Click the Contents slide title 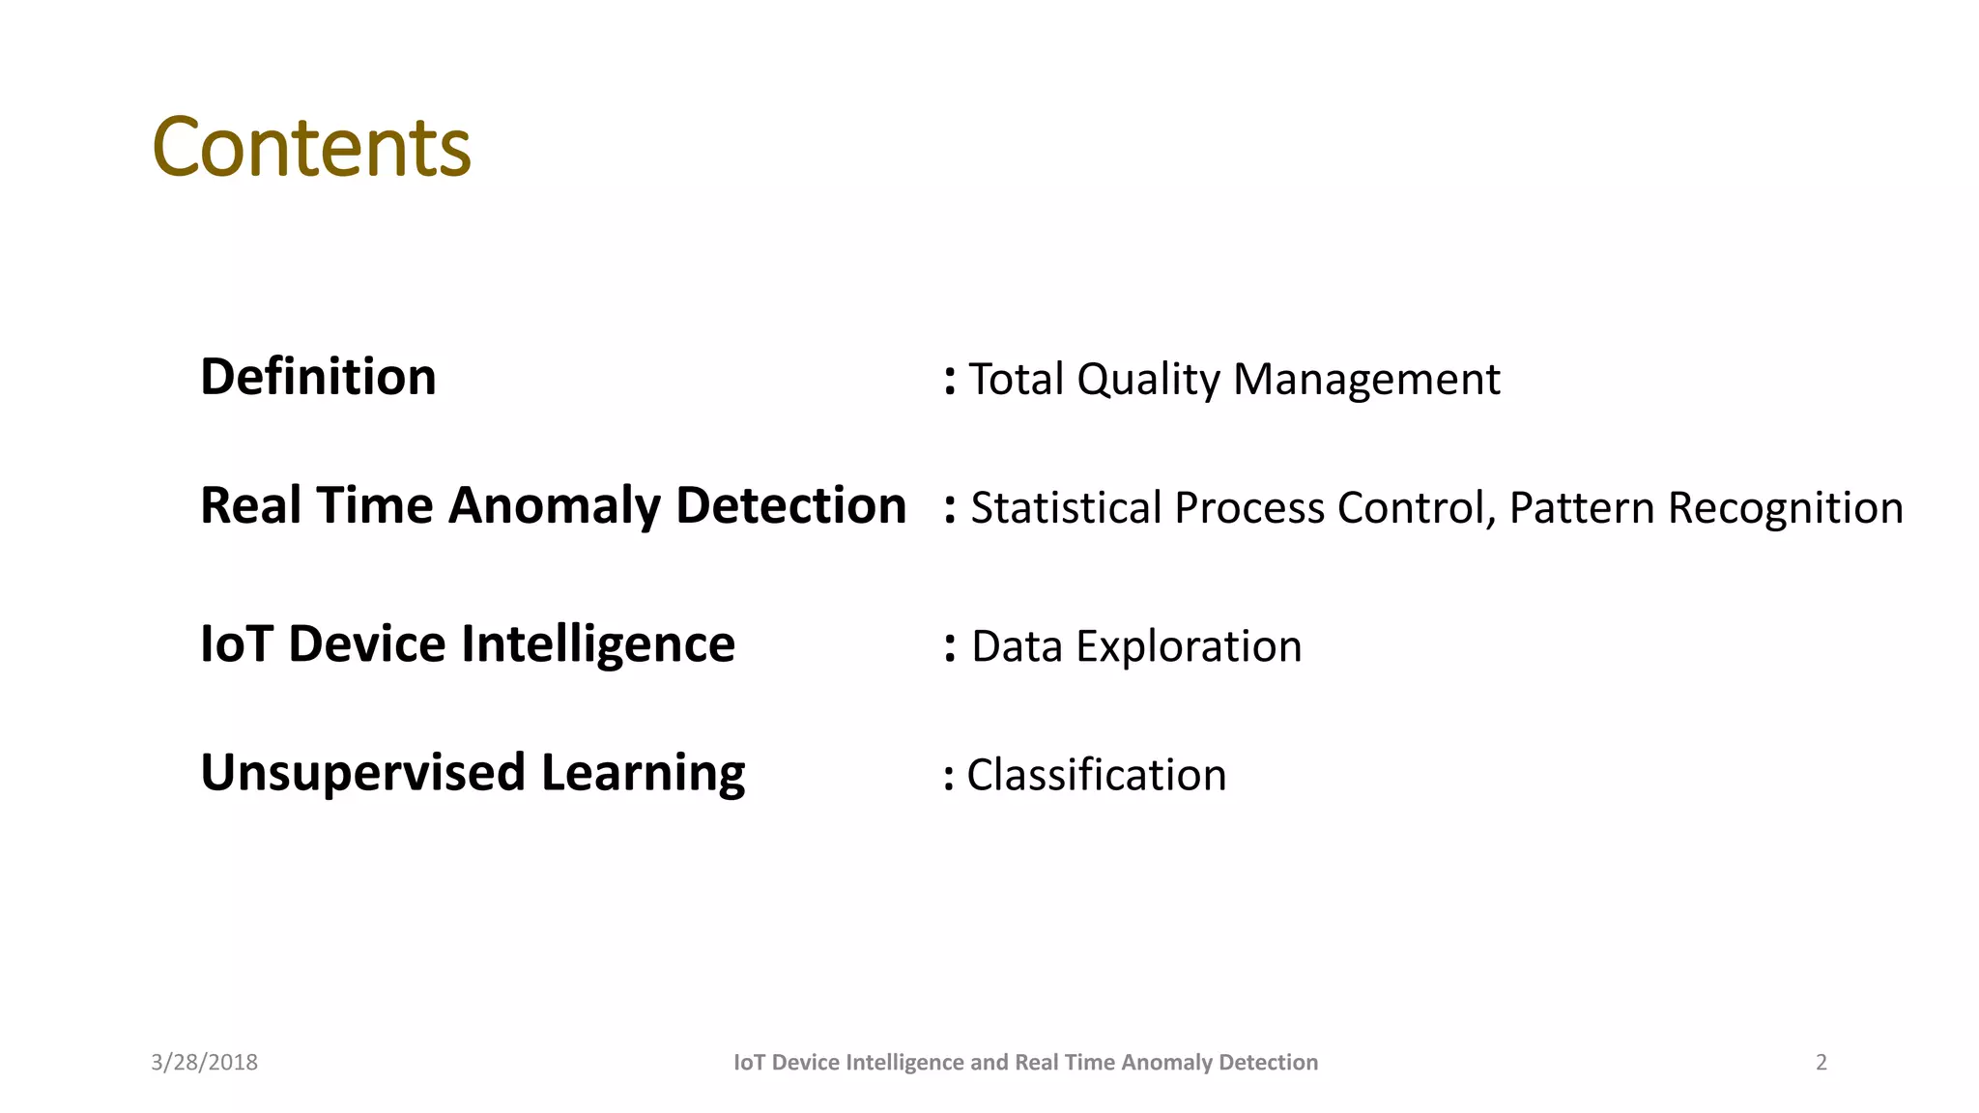(311, 148)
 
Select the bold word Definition (318, 377)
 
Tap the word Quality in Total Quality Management (1148, 380)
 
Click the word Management (1366, 380)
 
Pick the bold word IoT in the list (237, 644)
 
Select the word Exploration (1189, 646)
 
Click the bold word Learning (643, 774)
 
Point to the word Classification (1096, 775)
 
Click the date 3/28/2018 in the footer (204, 1063)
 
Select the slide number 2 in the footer (1821, 1063)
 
